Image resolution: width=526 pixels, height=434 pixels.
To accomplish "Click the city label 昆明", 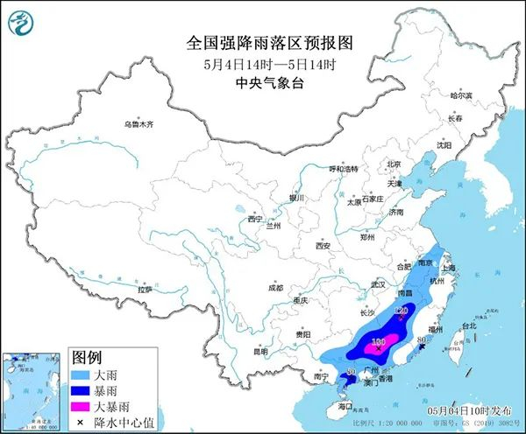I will (x=261, y=352).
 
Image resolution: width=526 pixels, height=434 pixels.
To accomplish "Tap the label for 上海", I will (x=450, y=269).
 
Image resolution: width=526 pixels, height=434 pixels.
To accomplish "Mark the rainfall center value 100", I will (x=379, y=341).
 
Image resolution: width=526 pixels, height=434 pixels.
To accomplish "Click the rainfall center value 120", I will (x=402, y=310).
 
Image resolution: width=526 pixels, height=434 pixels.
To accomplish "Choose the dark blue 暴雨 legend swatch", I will (x=85, y=390).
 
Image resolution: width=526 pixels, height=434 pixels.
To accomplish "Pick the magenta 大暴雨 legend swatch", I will (x=85, y=406).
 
